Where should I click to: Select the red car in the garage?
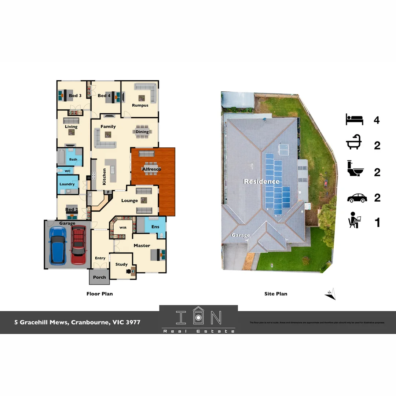click(x=78, y=245)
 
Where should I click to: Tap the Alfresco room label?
click(x=151, y=169)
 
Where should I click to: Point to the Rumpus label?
click(x=140, y=105)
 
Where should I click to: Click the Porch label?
click(x=99, y=277)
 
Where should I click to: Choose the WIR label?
click(x=122, y=227)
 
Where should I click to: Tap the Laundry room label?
click(x=67, y=184)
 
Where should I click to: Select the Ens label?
click(x=155, y=227)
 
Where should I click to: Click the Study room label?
click(x=121, y=264)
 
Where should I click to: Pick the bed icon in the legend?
click(x=354, y=120)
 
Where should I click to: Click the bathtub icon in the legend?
click(x=354, y=145)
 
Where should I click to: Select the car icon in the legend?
click(x=357, y=198)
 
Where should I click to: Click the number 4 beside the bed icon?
click(x=377, y=120)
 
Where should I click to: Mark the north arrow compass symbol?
click(x=331, y=294)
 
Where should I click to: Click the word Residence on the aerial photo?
click(x=261, y=181)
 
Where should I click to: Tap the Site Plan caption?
click(x=276, y=294)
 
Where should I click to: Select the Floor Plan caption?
click(x=99, y=294)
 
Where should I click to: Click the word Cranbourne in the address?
click(x=90, y=323)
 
